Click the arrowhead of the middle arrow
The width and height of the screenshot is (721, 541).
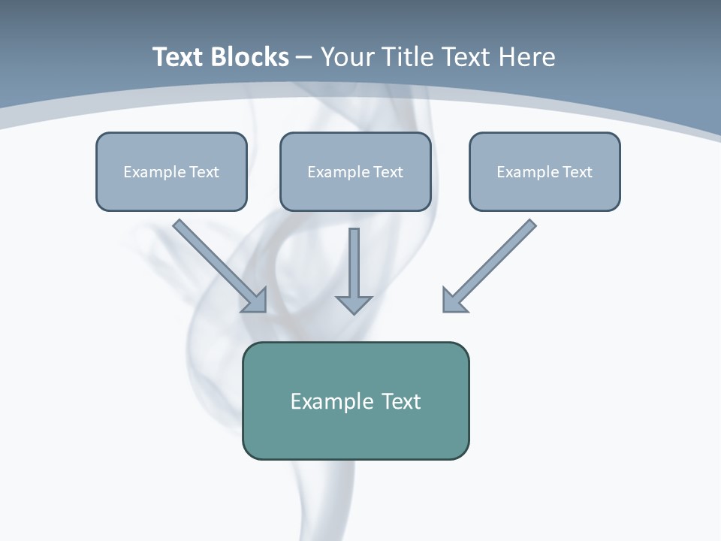354,304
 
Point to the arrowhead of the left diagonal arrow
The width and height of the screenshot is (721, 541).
255,300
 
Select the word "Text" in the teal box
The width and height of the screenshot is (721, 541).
401,401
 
